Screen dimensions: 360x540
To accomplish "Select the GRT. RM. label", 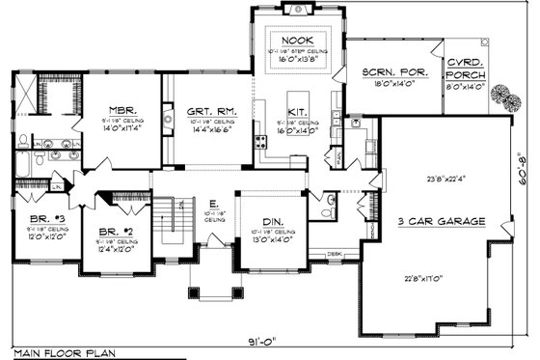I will (x=208, y=113).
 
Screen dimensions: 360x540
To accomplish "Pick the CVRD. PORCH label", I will (x=465, y=68).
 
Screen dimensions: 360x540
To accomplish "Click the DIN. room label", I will (x=275, y=222).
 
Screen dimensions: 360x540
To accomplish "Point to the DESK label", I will (x=335, y=254).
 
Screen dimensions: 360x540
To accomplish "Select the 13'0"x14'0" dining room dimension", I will (x=275, y=241).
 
